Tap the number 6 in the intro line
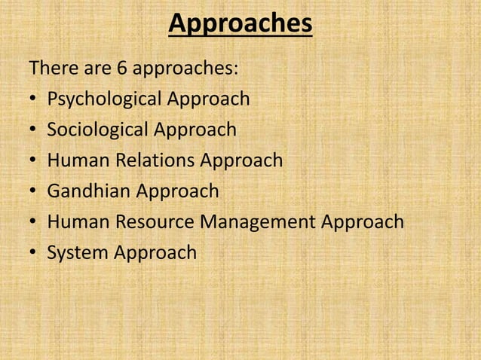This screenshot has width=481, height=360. click(121, 69)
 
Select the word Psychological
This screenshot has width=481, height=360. click(105, 99)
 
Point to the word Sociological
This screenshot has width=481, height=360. click(98, 130)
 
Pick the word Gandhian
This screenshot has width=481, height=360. click(89, 191)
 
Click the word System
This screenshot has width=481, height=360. click(78, 253)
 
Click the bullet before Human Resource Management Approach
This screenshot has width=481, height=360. click(34, 224)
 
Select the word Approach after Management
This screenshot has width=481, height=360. click(363, 222)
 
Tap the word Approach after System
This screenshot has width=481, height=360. click(155, 253)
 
